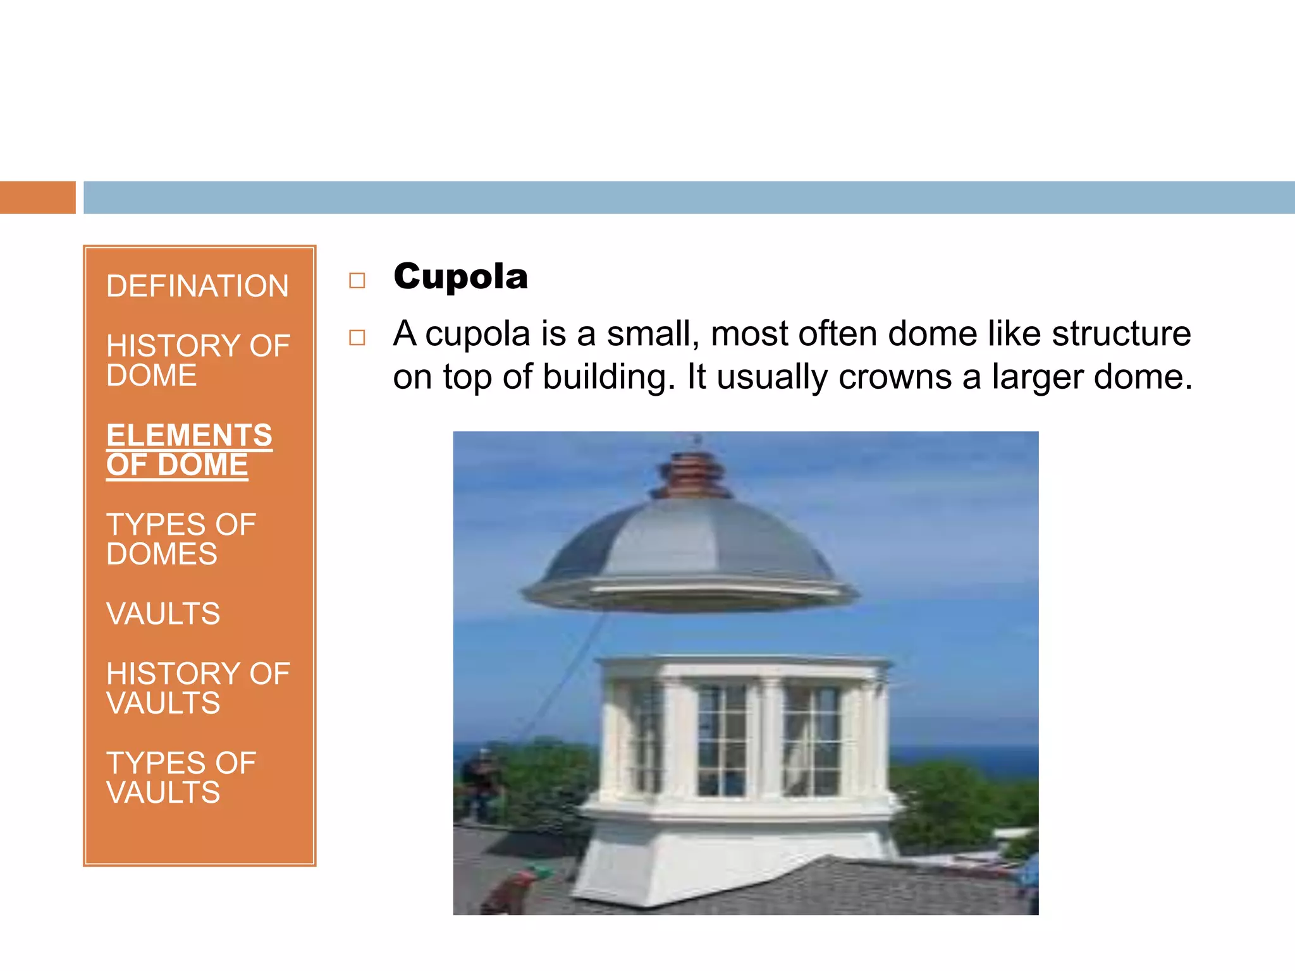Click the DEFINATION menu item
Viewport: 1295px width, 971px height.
[x=197, y=286]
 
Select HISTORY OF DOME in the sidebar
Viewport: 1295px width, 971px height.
[x=197, y=360]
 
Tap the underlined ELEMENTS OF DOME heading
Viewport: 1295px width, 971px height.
[x=189, y=450]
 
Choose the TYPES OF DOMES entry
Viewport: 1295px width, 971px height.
[x=181, y=539]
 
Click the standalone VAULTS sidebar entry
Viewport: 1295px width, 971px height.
[x=163, y=614]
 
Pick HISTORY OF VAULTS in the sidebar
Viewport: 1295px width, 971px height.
[x=197, y=688]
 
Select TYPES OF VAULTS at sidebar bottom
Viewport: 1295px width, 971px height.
[x=181, y=778]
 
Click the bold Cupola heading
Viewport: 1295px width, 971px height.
[x=460, y=277]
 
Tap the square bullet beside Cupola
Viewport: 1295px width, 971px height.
[x=357, y=280]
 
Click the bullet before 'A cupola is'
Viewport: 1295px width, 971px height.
[x=357, y=338]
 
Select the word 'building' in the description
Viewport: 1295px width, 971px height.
[x=604, y=377]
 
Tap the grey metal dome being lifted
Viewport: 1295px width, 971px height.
[x=689, y=544]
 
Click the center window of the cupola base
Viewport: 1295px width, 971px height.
[x=722, y=740]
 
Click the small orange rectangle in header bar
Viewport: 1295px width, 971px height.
[x=37, y=197]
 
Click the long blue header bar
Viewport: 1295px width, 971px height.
[x=689, y=197]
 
